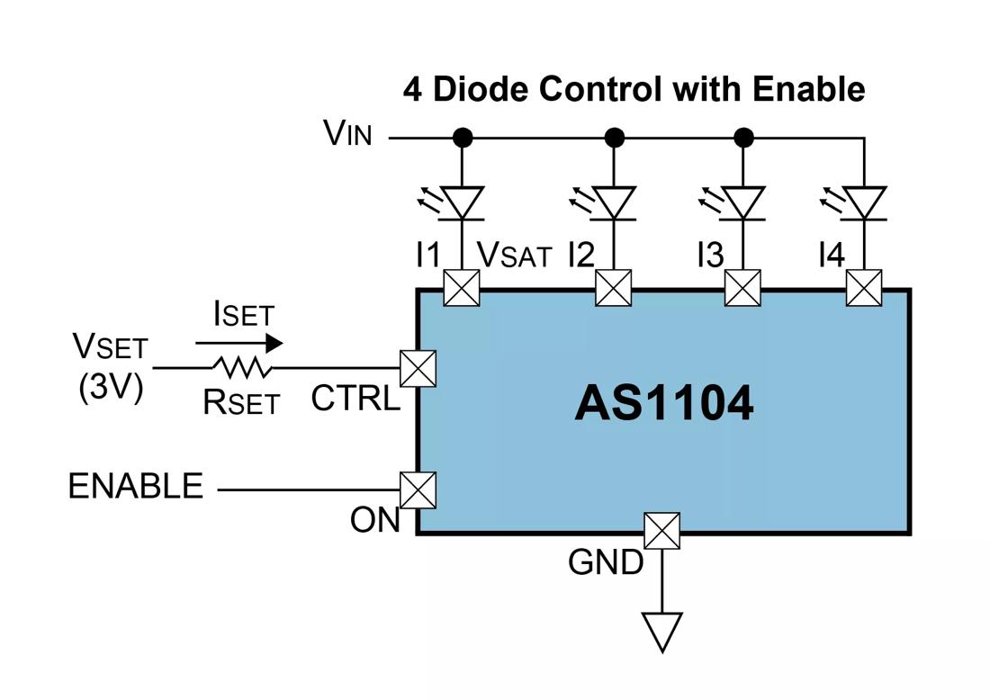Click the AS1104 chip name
(x=663, y=404)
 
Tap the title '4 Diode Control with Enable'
(x=634, y=89)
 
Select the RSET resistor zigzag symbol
(x=241, y=367)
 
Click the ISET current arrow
(x=239, y=344)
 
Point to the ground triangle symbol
(x=661, y=630)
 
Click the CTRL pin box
(x=418, y=368)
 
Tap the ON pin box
(x=418, y=490)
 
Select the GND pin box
(x=662, y=530)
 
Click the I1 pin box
(x=462, y=289)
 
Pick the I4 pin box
(x=864, y=289)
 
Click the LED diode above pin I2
(x=615, y=202)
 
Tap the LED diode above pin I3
(x=743, y=202)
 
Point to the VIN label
(x=347, y=134)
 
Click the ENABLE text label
(x=136, y=486)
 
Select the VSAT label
(x=514, y=255)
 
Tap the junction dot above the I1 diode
(x=462, y=138)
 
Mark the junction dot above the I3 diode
(x=743, y=138)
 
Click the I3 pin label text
(x=710, y=256)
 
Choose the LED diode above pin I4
(x=865, y=202)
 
